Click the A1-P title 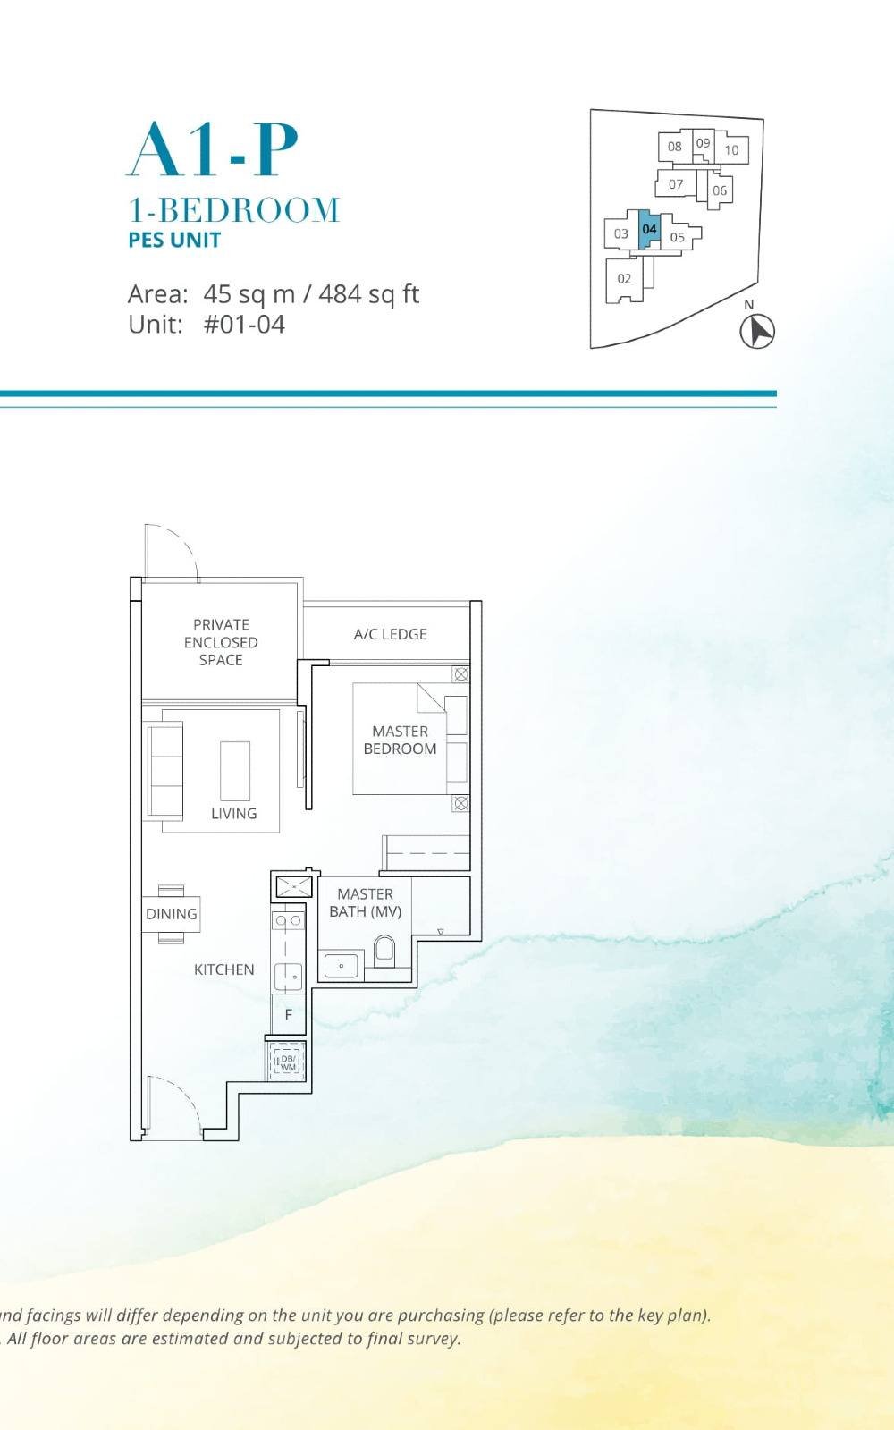click(x=213, y=149)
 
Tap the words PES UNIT click(x=174, y=240)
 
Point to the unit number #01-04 click(x=244, y=324)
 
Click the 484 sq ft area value click(x=368, y=293)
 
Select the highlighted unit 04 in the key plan click(x=649, y=229)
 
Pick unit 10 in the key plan click(x=731, y=150)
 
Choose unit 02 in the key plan click(x=624, y=278)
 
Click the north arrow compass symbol click(x=757, y=331)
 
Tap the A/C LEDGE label click(x=390, y=634)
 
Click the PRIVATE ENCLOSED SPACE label click(x=221, y=642)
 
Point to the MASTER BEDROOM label click(x=400, y=740)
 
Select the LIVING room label click(x=233, y=813)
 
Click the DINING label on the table click(x=171, y=914)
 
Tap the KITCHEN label click(x=223, y=969)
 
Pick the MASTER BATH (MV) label click(x=365, y=902)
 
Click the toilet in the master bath click(x=384, y=951)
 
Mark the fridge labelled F click(x=288, y=1015)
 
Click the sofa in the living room click(x=164, y=770)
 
